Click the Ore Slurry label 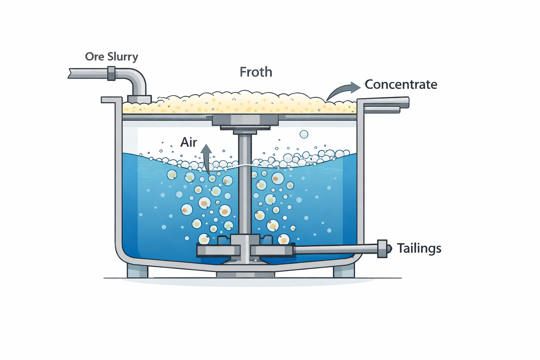click(111, 57)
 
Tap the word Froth click(256, 72)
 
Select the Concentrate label click(401, 84)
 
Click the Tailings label click(419, 248)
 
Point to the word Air click(188, 142)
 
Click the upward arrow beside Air click(206, 158)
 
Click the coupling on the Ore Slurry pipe click(111, 73)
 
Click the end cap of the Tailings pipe click(383, 249)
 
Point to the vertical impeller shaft click(245, 183)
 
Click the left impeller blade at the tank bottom click(218, 250)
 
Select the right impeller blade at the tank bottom click(272, 250)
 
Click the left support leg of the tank click(137, 271)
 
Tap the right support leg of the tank click(344, 271)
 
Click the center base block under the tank click(245, 275)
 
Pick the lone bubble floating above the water click(304, 134)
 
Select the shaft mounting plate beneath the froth click(245, 120)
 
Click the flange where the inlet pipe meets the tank click(139, 99)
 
